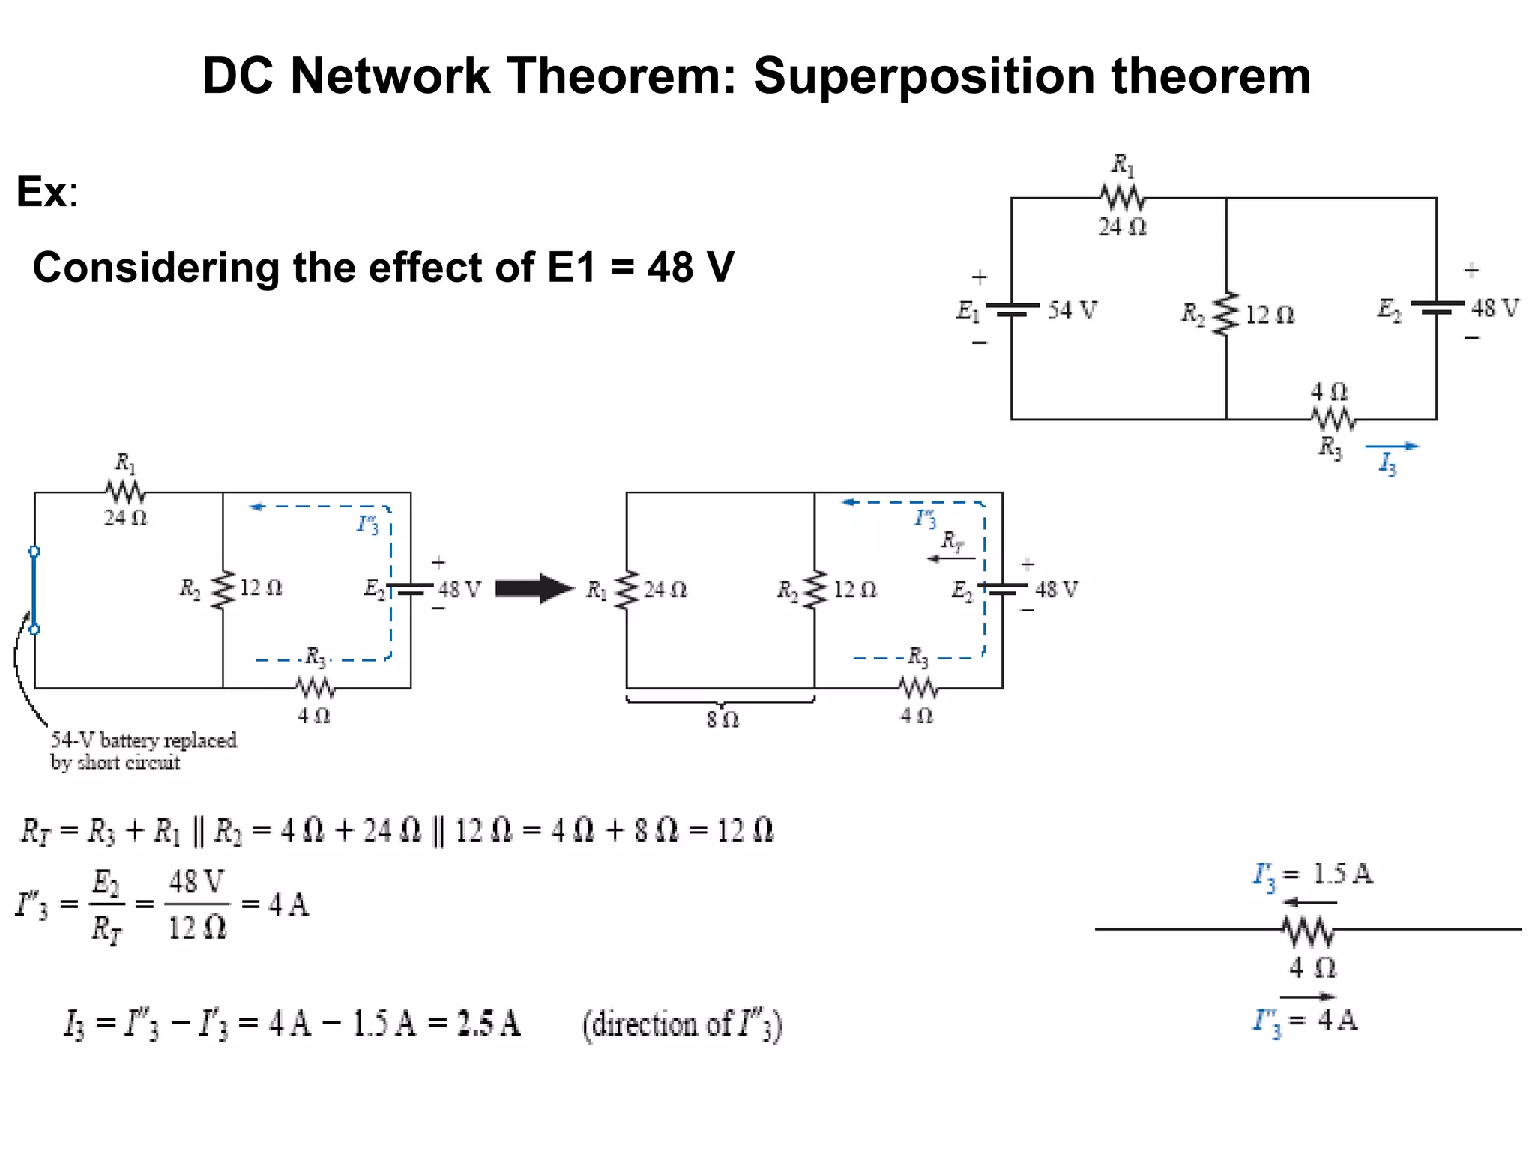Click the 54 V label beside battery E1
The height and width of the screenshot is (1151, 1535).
point(1072,309)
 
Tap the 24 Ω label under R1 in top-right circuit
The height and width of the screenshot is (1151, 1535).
point(1122,226)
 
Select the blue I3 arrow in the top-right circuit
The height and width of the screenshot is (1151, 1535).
point(1392,447)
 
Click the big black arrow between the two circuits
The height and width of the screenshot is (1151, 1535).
point(534,589)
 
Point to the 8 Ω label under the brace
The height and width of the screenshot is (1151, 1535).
point(722,719)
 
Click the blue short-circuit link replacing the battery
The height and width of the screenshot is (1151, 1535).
point(34,590)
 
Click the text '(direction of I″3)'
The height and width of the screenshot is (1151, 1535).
point(682,1024)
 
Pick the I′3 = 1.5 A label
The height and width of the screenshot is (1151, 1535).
point(1313,874)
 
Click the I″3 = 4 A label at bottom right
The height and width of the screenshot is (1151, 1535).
point(1306,1020)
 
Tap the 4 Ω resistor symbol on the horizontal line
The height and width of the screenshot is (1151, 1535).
point(1308,931)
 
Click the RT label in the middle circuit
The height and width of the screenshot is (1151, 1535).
point(952,540)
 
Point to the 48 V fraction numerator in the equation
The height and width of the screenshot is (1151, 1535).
point(196,882)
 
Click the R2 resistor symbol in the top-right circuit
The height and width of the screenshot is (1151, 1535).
point(1226,314)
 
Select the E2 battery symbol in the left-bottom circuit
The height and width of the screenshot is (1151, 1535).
point(411,589)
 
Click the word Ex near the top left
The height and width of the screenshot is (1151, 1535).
point(42,192)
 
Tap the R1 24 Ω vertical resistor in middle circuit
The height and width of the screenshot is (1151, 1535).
point(627,590)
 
